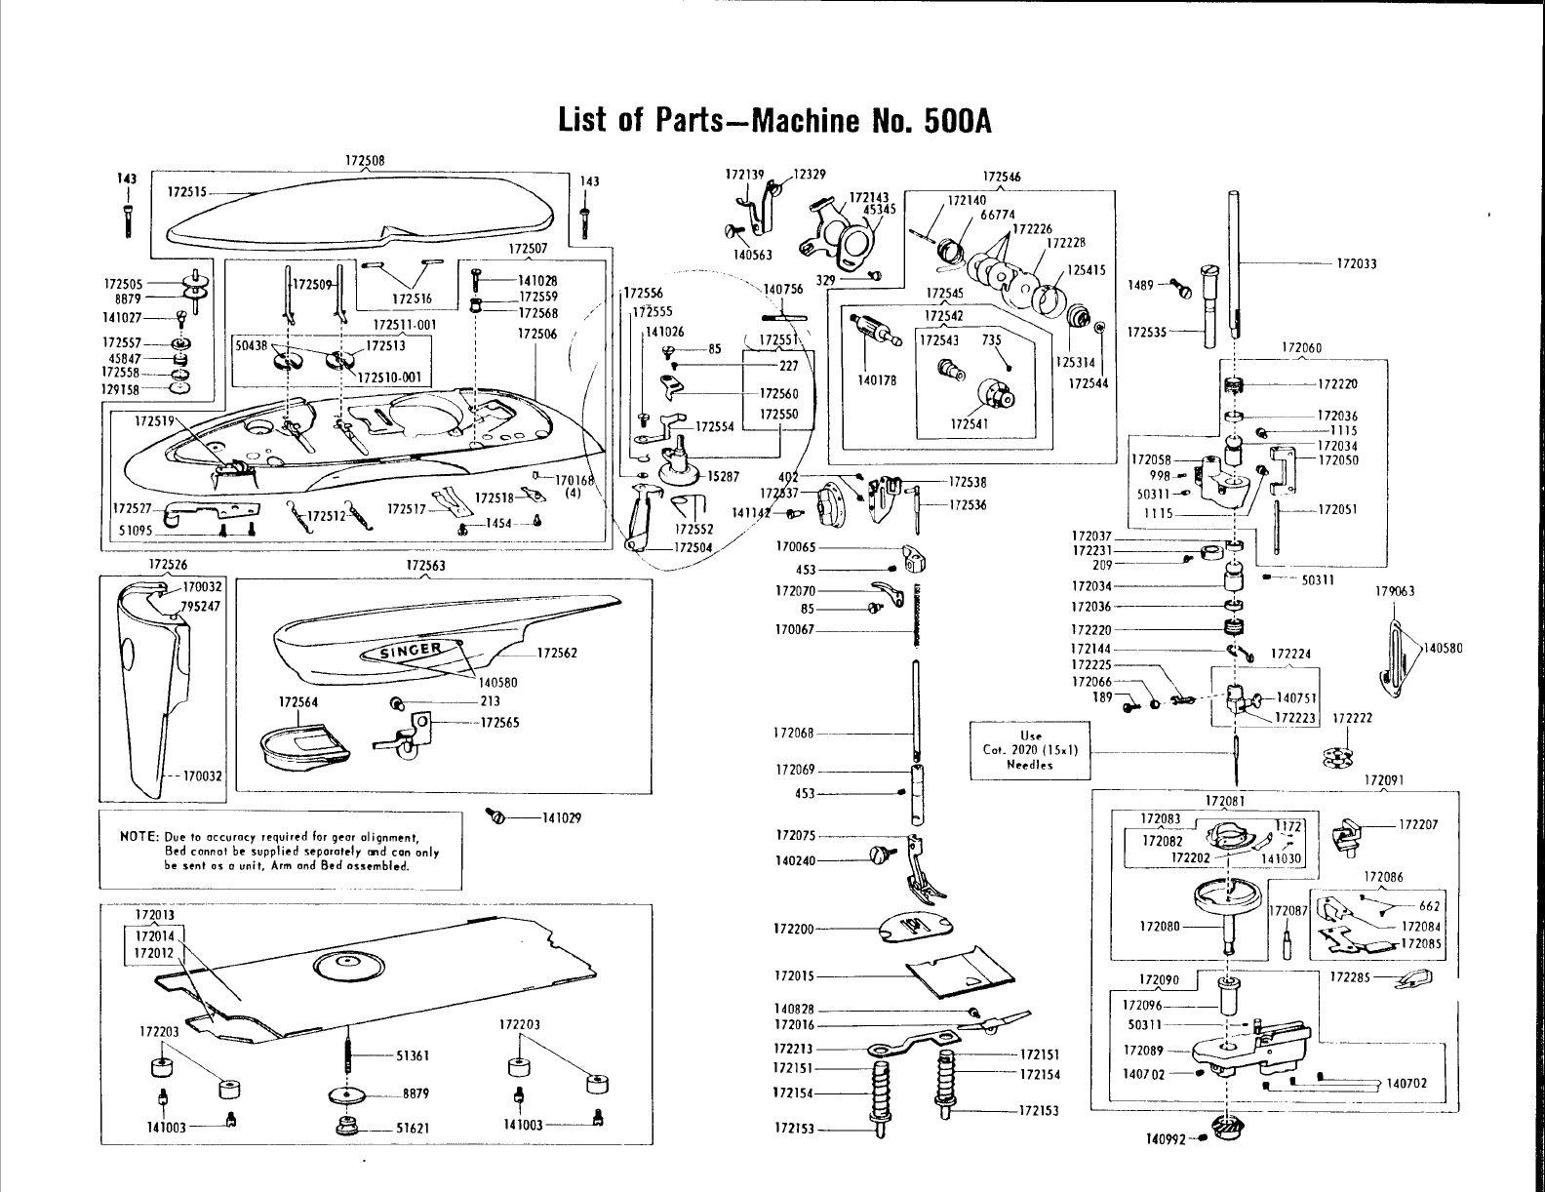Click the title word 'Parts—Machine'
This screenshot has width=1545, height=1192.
pyautogui.click(x=751, y=121)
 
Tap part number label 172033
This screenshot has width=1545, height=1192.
pyautogui.click(x=1356, y=264)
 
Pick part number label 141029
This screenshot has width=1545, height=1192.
pyautogui.click(x=561, y=817)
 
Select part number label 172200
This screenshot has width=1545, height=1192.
pyautogui.click(x=793, y=929)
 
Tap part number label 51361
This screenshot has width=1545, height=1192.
pyautogui.click(x=414, y=1055)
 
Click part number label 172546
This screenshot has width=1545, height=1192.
pyautogui.click(x=1002, y=177)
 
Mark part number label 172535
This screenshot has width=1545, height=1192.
pyautogui.click(x=1146, y=332)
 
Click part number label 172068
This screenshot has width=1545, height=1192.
pyautogui.click(x=793, y=733)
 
